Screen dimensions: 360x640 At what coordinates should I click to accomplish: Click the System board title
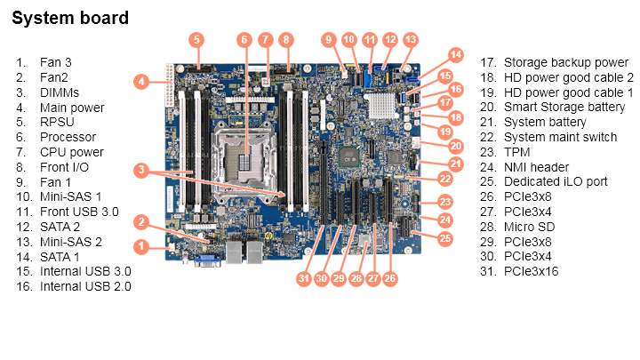(70, 18)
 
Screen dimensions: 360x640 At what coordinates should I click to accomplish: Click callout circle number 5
(197, 39)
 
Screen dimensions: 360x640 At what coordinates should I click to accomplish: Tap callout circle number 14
(456, 54)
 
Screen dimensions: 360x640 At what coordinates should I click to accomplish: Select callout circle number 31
(305, 279)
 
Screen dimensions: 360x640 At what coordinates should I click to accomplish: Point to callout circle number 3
(140, 170)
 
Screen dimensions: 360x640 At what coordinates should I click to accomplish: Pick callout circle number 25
(445, 238)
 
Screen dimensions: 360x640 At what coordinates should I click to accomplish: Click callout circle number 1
(140, 245)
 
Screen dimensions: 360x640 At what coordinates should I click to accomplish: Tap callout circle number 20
(455, 146)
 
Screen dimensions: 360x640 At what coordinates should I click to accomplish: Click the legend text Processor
(68, 137)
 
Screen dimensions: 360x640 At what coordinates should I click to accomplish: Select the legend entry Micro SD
(530, 227)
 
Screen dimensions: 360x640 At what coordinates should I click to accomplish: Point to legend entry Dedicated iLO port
(556, 181)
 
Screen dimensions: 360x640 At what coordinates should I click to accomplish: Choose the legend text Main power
(72, 108)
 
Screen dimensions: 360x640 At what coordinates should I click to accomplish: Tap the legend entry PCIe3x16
(531, 271)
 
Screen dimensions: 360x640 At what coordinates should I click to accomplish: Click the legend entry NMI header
(537, 167)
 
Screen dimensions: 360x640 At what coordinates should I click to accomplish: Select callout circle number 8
(285, 39)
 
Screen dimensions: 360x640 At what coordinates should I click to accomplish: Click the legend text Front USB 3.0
(78, 212)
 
